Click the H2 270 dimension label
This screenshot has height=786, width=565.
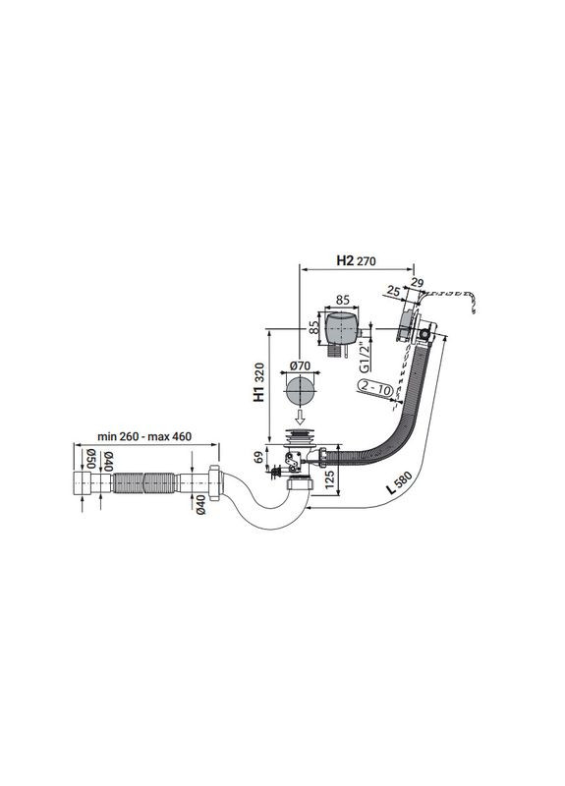click(356, 260)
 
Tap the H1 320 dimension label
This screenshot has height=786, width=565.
click(258, 383)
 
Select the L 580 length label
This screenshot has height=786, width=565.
click(400, 483)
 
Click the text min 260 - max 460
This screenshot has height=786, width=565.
click(144, 436)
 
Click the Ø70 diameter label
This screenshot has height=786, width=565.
click(301, 365)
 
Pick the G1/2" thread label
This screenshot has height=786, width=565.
click(365, 356)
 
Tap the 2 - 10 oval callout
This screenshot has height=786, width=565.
click(375, 388)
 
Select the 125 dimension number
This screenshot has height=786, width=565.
click(329, 479)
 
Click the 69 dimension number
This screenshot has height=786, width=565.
click(259, 457)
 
